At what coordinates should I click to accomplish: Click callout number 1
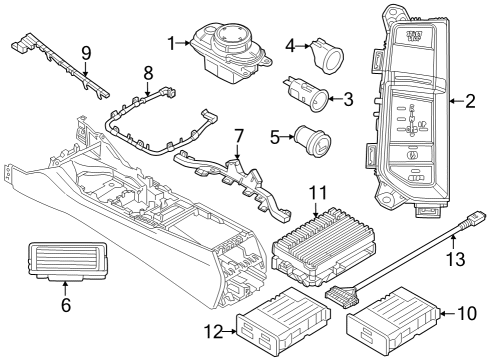coord(173,43)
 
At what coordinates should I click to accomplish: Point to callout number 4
coord(291,45)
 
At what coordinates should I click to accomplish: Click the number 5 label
coord(275,138)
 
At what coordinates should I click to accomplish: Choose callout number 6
coord(66,305)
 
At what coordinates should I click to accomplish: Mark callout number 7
coord(238,135)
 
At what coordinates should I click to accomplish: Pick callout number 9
coord(85,51)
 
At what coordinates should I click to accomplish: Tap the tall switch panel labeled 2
coord(413,110)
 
